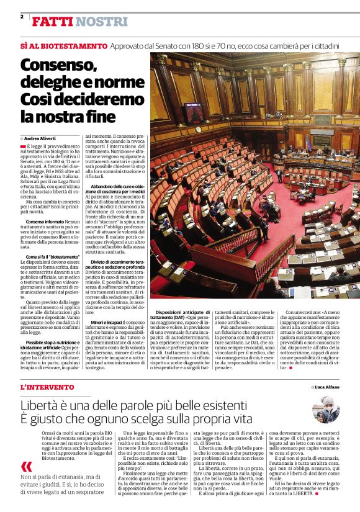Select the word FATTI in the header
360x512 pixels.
[x=52, y=22]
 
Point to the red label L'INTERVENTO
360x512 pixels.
[x=47, y=387]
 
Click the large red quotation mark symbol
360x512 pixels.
[x=26, y=466]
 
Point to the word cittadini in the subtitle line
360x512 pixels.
[x=324, y=46]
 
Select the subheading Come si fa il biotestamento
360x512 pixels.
[x=53, y=256]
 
